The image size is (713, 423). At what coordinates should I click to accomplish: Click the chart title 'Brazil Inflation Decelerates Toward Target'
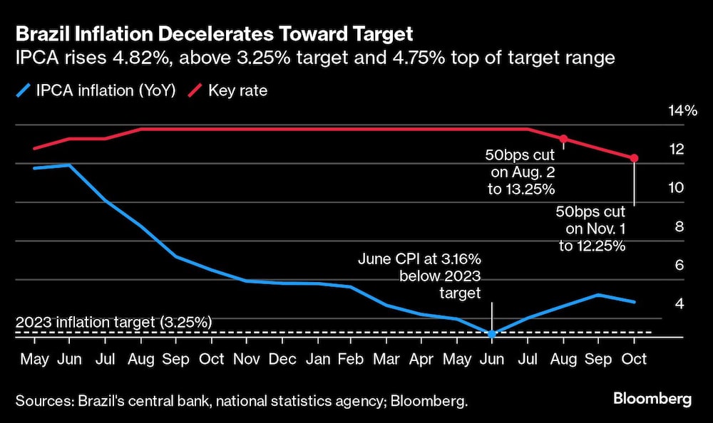(x=214, y=33)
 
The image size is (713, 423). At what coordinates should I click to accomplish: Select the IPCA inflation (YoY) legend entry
(x=96, y=90)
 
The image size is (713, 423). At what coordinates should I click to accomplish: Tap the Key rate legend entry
(x=227, y=90)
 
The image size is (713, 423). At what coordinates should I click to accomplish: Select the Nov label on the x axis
(x=246, y=358)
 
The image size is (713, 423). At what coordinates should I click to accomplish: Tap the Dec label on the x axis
(x=283, y=358)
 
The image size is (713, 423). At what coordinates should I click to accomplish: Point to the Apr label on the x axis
(x=423, y=358)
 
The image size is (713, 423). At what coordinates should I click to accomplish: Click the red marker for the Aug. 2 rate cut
(x=563, y=138)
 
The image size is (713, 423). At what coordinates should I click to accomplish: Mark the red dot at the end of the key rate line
(x=634, y=158)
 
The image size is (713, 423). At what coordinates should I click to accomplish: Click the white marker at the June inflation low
(x=491, y=333)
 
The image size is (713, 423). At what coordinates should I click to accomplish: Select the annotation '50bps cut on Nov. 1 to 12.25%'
(x=591, y=229)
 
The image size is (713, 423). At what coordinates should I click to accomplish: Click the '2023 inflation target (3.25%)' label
(x=113, y=322)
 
